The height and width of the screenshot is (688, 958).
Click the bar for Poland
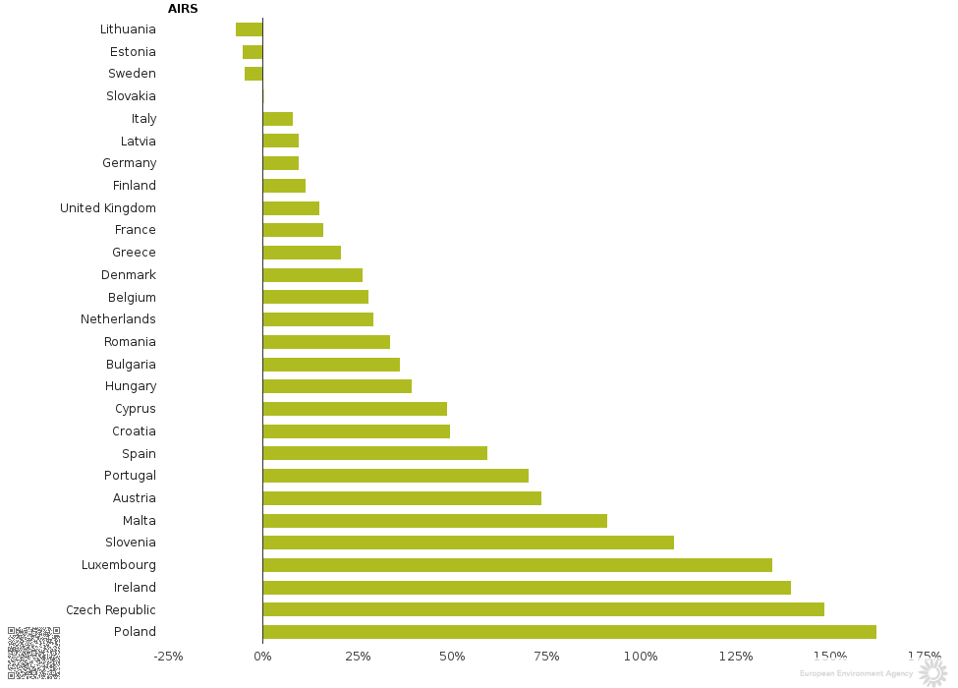tap(569, 632)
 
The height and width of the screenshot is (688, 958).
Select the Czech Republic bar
tap(543, 609)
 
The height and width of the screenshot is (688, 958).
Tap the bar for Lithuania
tap(250, 29)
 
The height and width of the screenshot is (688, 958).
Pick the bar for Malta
tap(434, 521)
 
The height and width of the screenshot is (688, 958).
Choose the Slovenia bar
tap(468, 543)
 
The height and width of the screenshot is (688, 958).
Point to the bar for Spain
tap(374, 453)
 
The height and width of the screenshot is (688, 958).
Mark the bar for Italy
tap(277, 119)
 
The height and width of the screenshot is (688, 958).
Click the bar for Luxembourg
tap(517, 565)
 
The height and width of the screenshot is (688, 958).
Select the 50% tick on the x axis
tap(452, 657)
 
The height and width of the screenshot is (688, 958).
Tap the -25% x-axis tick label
tap(168, 657)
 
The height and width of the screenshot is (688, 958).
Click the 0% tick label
tap(262, 657)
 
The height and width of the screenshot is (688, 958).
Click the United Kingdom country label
tap(108, 208)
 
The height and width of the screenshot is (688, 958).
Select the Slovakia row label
tap(131, 96)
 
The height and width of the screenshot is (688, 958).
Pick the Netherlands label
tap(118, 319)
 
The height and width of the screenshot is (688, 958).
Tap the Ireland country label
tap(135, 588)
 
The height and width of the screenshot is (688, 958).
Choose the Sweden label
tap(132, 74)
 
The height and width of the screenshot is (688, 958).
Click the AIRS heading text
tap(183, 9)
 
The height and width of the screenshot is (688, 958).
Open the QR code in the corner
tap(33, 653)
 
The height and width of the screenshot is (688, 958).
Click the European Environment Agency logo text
tap(856, 674)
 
